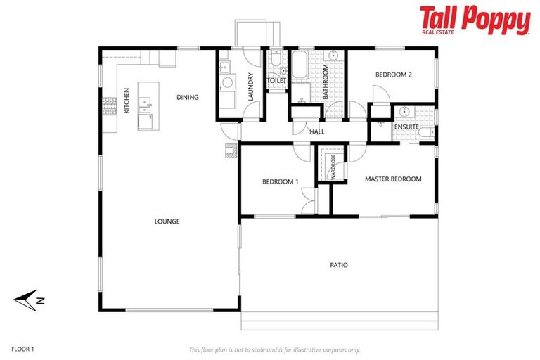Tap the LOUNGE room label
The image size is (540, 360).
[x=167, y=221]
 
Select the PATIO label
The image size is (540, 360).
[x=339, y=265]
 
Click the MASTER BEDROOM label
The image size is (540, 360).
[x=393, y=179]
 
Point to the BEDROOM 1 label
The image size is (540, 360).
[x=280, y=181]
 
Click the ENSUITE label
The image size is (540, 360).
[x=406, y=127]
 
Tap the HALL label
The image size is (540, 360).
[x=316, y=131]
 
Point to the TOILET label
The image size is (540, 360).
[x=276, y=81]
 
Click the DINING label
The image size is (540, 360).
[x=188, y=97]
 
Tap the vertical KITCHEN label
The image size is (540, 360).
[x=127, y=100]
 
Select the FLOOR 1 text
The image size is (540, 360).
[x=22, y=349]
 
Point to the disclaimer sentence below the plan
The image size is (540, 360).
[x=274, y=349]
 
